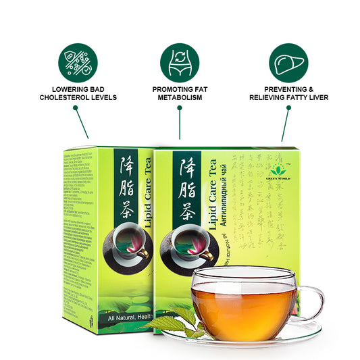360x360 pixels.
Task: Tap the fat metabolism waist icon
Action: point(180,63)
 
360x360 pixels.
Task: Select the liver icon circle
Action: point(288,63)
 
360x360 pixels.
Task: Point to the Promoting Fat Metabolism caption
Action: point(180,93)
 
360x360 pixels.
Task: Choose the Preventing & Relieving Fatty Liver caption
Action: point(288,93)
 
